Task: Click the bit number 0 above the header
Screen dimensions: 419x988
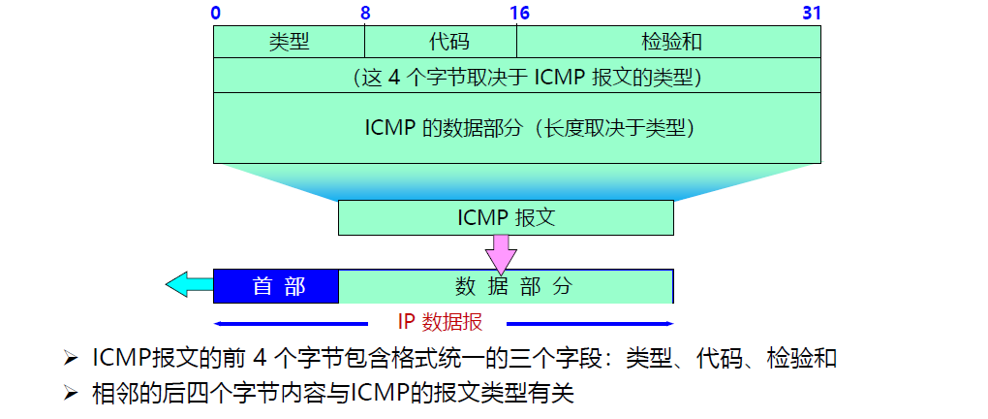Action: [214, 14]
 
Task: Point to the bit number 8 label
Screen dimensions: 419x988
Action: [365, 14]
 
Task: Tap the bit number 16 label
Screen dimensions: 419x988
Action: [519, 14]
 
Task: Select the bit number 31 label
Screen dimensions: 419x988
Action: [812, 14]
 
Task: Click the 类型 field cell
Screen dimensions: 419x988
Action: [289, 42]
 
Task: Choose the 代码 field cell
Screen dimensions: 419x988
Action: [441, 42]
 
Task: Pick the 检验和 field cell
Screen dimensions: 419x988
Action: [669, 42]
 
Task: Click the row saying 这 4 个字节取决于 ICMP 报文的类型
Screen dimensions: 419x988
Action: [517, 76]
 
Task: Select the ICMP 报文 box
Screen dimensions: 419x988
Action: [506, 217]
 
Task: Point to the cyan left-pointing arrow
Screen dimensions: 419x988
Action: [189, 284]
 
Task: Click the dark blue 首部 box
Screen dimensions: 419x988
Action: [277, 286]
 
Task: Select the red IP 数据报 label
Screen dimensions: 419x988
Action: [440, 322]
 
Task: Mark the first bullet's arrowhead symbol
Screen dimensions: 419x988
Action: [69, 360]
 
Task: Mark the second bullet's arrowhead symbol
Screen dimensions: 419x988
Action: [69, 394]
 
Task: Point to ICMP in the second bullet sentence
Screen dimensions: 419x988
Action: [379, 394]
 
